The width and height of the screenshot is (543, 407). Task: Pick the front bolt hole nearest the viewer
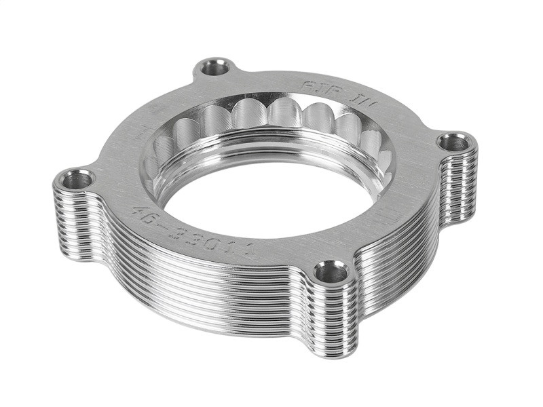[x=331, y=273]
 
